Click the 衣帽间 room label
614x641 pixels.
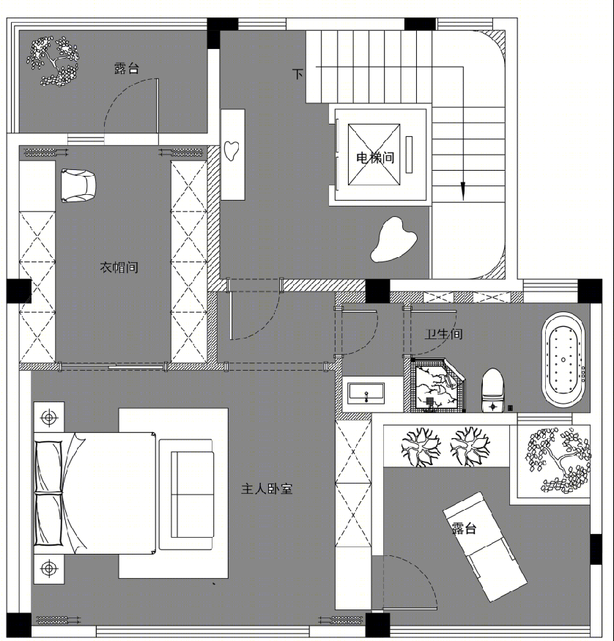(119, 267)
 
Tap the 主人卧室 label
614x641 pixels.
(267, 489)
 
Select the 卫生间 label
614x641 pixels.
(443, 334)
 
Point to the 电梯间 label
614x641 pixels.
(375, 158)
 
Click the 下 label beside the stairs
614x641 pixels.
(297, 74)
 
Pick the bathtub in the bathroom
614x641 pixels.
(563, 360)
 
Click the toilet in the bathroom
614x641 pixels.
(492, 390)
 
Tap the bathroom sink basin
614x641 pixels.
(366, 393)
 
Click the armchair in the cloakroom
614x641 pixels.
(78, 186)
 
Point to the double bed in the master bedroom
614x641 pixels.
(95, 493)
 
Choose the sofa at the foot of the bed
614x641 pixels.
(187, 494)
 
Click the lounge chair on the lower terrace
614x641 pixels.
(485, 547)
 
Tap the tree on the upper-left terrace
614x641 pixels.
(52, 62)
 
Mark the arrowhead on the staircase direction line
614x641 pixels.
(463, 191)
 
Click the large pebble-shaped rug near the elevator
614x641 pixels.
(393, 239)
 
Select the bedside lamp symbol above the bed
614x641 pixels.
(49, 418)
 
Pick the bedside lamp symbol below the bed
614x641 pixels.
(49, 568)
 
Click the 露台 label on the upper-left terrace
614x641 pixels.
(127, 68)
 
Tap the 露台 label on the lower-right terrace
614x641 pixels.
(465, 528)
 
